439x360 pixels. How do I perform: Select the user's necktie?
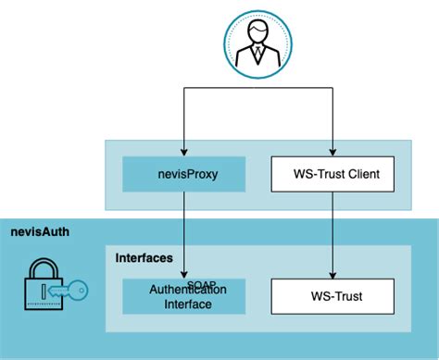tap(257, 54)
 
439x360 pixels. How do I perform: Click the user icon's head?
tap(257, 32)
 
